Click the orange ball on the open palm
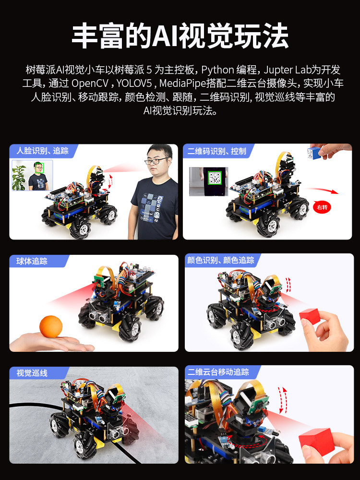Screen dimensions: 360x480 51,326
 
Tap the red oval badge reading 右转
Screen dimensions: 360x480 322,207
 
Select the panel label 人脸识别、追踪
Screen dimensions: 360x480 43,151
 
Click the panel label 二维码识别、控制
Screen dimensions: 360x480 217,151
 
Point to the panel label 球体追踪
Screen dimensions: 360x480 32,261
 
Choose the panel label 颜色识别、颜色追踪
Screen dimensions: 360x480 221,260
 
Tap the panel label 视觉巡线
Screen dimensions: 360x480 32,373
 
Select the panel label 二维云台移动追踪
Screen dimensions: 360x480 218,372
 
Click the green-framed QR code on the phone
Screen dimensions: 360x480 215,178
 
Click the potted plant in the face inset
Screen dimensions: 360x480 19,178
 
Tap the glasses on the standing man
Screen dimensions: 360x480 157,161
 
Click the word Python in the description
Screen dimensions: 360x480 217,70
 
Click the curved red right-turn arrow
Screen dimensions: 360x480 322,190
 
